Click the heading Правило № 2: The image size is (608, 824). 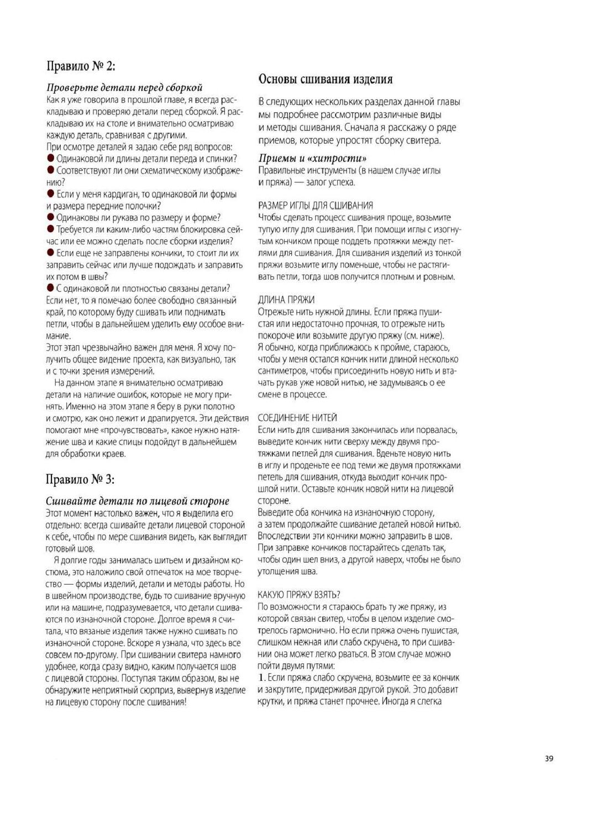pyautogui.click(x=81, y=66)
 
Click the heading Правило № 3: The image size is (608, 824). pyautogui.click(x=80, y=480)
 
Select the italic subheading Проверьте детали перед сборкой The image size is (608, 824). pyautogui.click(x=124, y=87)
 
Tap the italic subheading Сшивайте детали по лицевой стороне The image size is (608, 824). pyautogui.click(x=137, y=501)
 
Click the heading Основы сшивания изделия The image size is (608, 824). pyautogui.click(x=326, y=79)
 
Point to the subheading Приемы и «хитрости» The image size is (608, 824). pyautogui.click(x=312, y=159)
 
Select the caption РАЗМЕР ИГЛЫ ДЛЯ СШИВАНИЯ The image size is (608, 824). pyautogui.click(x=315, y=206)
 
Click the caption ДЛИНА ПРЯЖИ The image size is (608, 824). pyautogui.click(x=286, y=300)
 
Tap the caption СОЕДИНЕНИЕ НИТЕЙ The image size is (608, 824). pyautogui.click(x=297, y=418)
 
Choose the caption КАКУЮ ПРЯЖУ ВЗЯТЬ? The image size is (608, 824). pyautogui.click(x=298, y=595)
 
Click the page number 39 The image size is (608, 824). pyautogui.click(x=548, y=759)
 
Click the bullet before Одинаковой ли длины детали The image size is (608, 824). pyautogui.click(x=51, y=159)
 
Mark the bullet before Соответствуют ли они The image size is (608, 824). pyautogui.click(x=51, y=170)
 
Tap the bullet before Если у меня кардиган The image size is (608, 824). pyautogui.click(x=51, y=194)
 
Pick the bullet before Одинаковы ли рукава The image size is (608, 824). pyautogui.click(x=51, y=217)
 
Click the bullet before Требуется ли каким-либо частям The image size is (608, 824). pyautogui.click(x=51, y=229)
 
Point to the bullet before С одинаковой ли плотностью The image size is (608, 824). pyautogui.click(x=51, y=288)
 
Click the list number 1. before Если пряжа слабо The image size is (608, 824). pyautogui.click(x=261, y=678)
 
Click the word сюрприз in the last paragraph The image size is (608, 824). pyautogui.click(x=165, y=690)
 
